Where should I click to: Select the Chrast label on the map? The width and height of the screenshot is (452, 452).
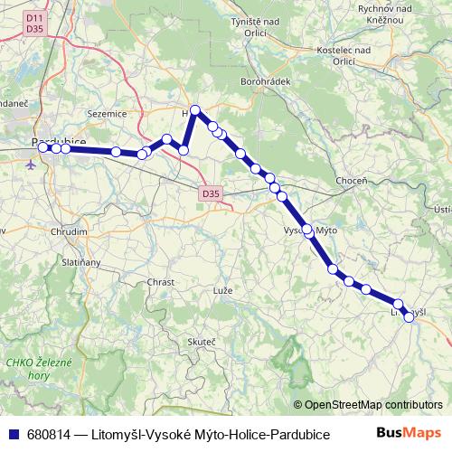click(x=160, y=282)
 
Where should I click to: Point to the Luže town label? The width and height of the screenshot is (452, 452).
click(x=222, y=293)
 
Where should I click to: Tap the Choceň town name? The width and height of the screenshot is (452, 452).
click(x=351, y=181)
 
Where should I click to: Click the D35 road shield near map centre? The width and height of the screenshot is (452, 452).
click(x=211, y=193)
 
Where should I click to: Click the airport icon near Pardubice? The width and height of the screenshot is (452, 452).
click(x=33, y=165)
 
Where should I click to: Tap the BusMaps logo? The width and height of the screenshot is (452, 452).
click(x=407, y=433)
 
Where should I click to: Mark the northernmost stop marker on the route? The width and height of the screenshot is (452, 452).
click(x=195, y=110)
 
